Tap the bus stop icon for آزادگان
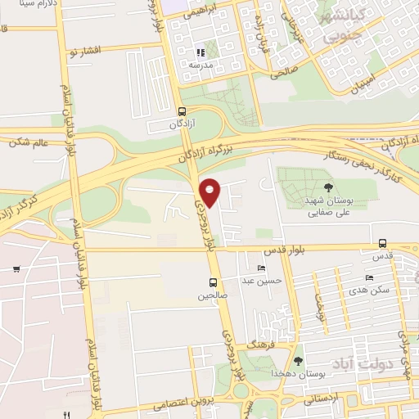coord(181,111)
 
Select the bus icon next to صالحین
coord(212,283)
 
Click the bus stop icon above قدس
coord(382,243)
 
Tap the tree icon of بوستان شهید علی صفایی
coord(328,188)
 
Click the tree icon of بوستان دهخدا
coord(298,360)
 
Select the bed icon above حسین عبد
coord(262,268)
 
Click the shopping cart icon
coord(16,268)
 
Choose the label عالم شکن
coord(29,142)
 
